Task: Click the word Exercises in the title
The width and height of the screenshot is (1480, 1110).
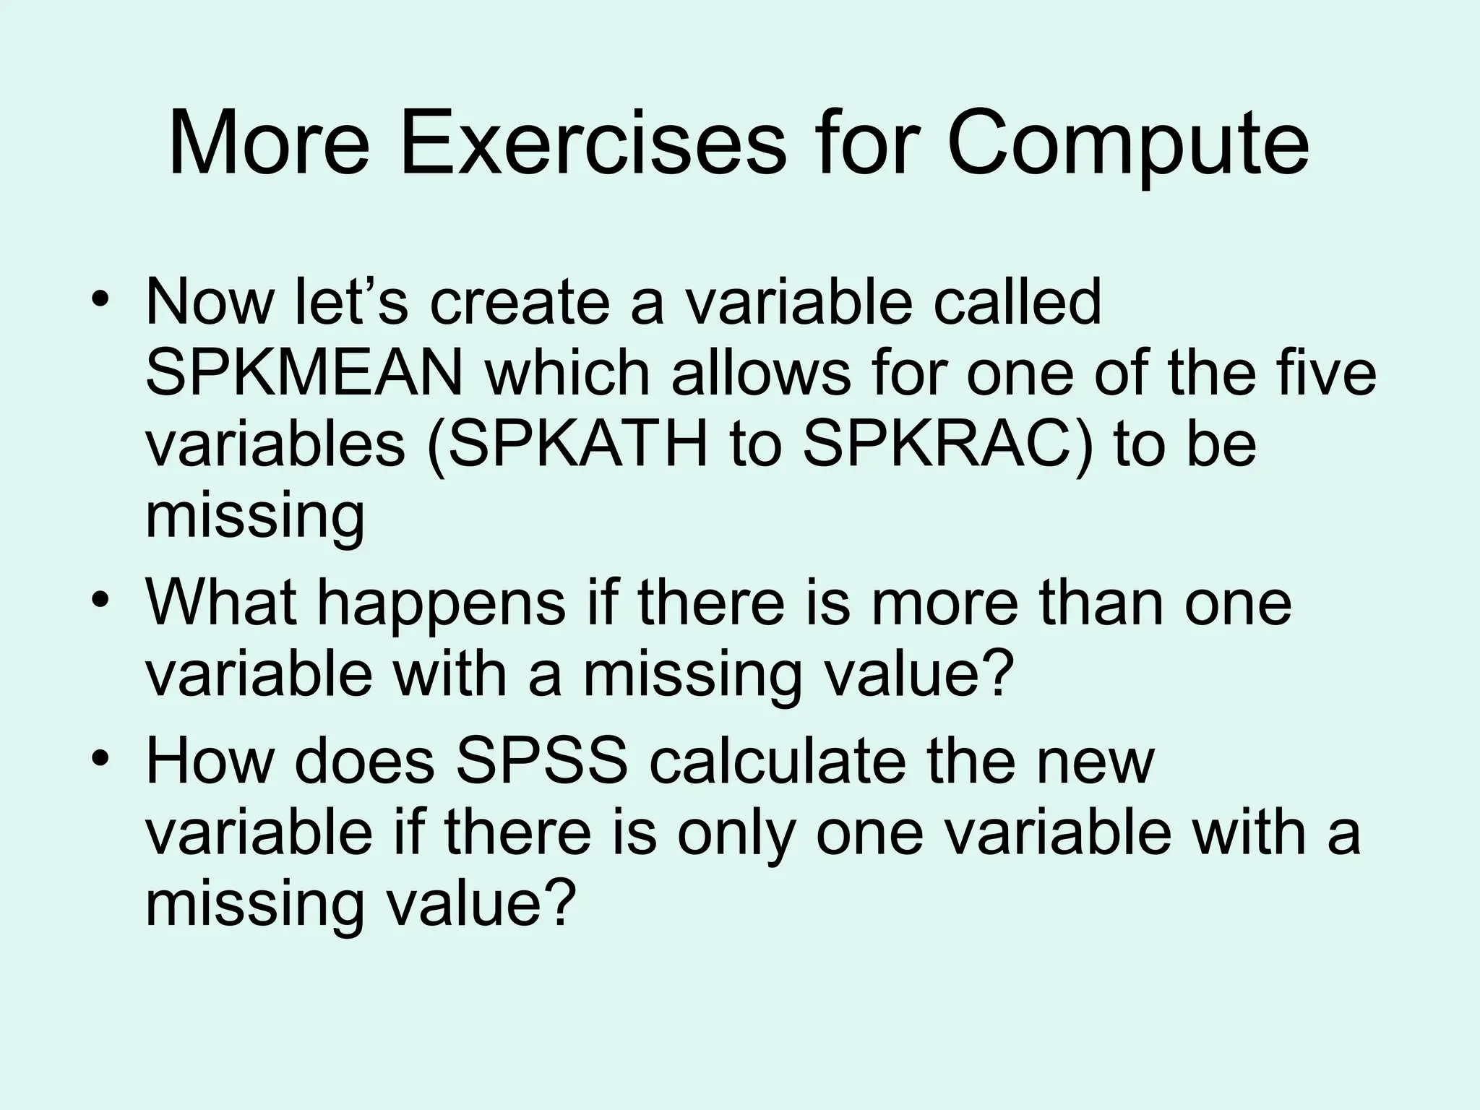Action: click(x=593, y=143)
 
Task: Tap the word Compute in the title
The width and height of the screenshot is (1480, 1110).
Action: click(x=1127, y=145)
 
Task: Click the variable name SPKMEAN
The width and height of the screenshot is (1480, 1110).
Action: click(x=304, y=374)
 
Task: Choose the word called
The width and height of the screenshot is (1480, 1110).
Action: click(x=1017, y=301)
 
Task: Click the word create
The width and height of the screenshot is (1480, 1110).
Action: click(x=520, y=303)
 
